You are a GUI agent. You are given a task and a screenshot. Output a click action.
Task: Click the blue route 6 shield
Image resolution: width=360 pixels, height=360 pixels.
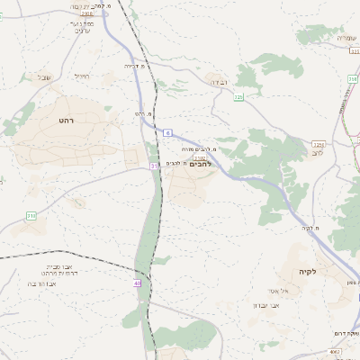[x=167, y=132]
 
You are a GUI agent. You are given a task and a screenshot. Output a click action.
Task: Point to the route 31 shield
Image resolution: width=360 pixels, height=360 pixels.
[x=155, y=166]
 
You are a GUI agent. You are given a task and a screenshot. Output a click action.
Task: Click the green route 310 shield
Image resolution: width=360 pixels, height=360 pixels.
[x=31, y=216]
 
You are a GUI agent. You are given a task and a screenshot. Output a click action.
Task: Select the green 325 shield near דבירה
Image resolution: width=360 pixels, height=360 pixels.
[x=238, y=95]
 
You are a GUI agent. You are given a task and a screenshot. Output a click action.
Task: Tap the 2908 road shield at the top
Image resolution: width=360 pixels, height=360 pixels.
[x=86, y=14]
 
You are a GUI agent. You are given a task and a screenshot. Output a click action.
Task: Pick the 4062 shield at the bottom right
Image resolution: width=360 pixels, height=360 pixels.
[x=335, y=352]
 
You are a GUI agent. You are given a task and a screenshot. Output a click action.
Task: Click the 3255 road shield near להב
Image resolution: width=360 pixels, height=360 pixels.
[x=319, y=143]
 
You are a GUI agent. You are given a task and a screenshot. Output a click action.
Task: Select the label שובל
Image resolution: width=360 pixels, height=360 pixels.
[x=44, y=77]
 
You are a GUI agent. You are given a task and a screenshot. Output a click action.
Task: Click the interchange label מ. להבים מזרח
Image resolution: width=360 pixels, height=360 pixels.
[x=199, y=148]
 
